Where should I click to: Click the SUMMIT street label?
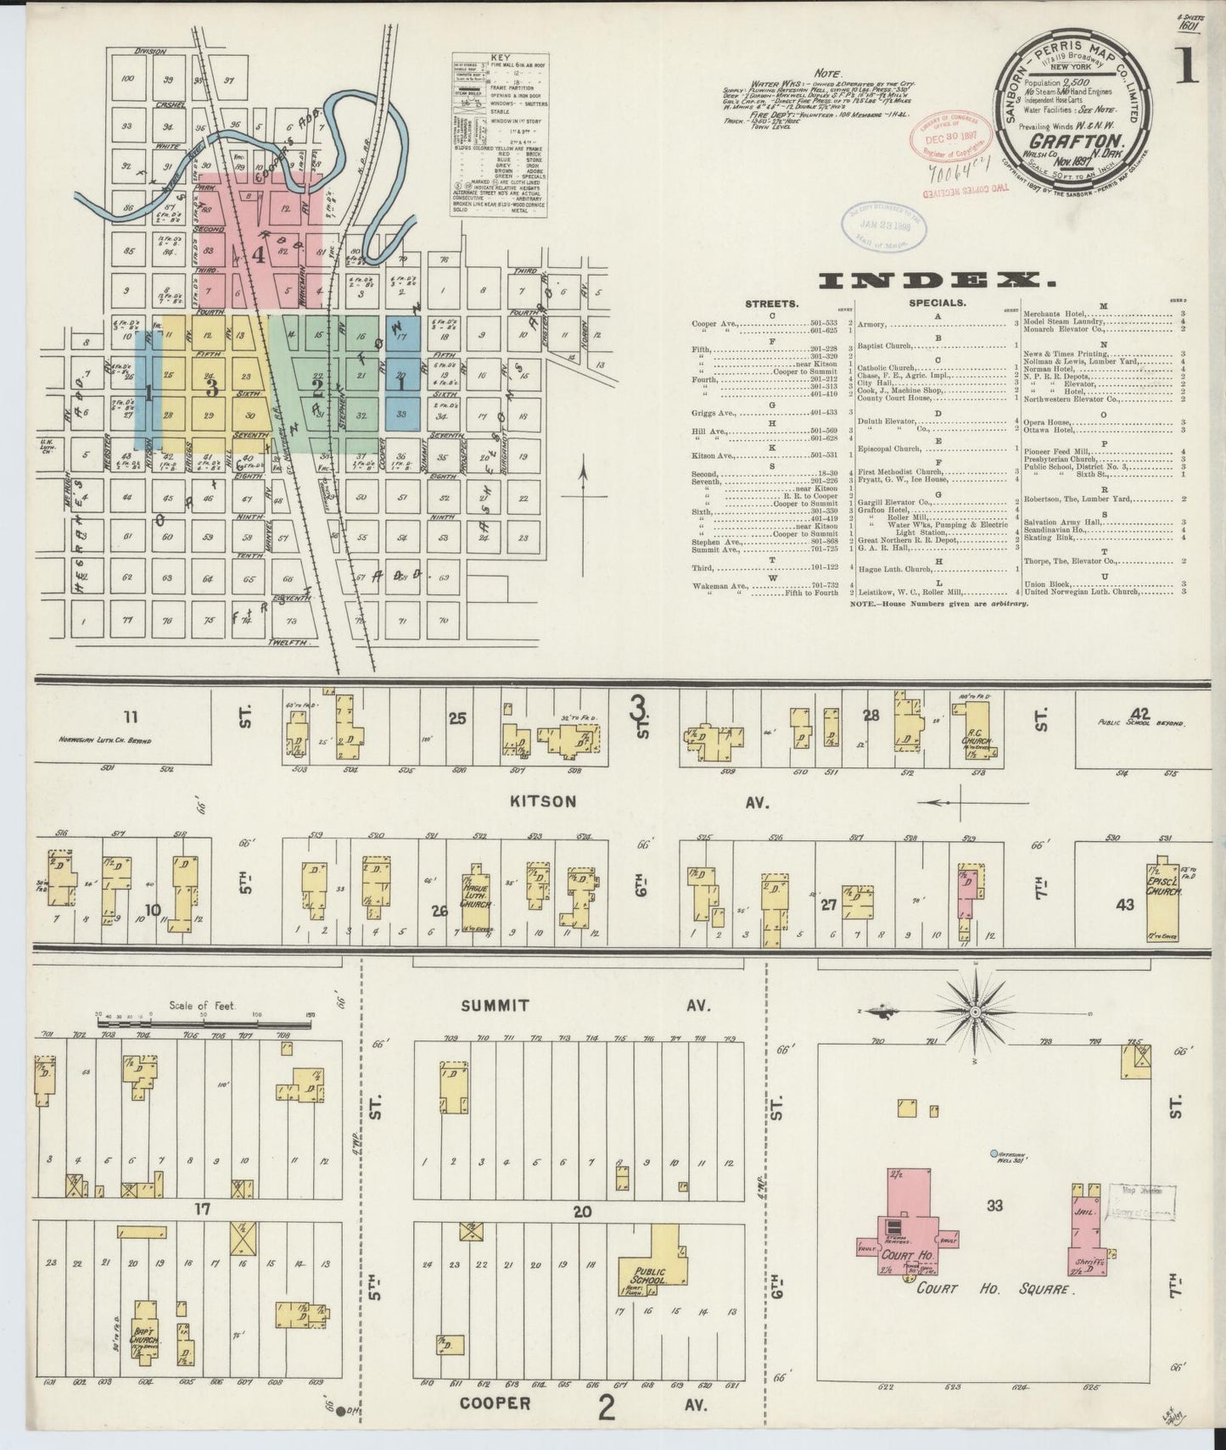[495, 1006]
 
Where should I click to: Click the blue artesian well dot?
[994, 1153]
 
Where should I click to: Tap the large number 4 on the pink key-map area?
[257, 253]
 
